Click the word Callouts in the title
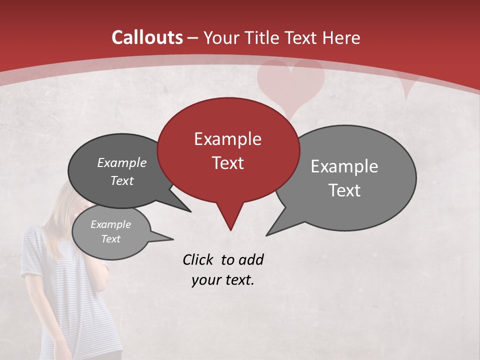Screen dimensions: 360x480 point(147,37)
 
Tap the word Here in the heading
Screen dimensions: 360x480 point(341,37)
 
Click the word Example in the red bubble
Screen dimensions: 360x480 point(227,139)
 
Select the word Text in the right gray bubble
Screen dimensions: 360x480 point(344,190)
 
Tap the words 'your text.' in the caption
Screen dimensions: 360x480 point(223,280)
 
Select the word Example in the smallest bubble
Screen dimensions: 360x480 point(110,224)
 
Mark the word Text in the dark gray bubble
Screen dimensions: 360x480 point(122,180)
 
